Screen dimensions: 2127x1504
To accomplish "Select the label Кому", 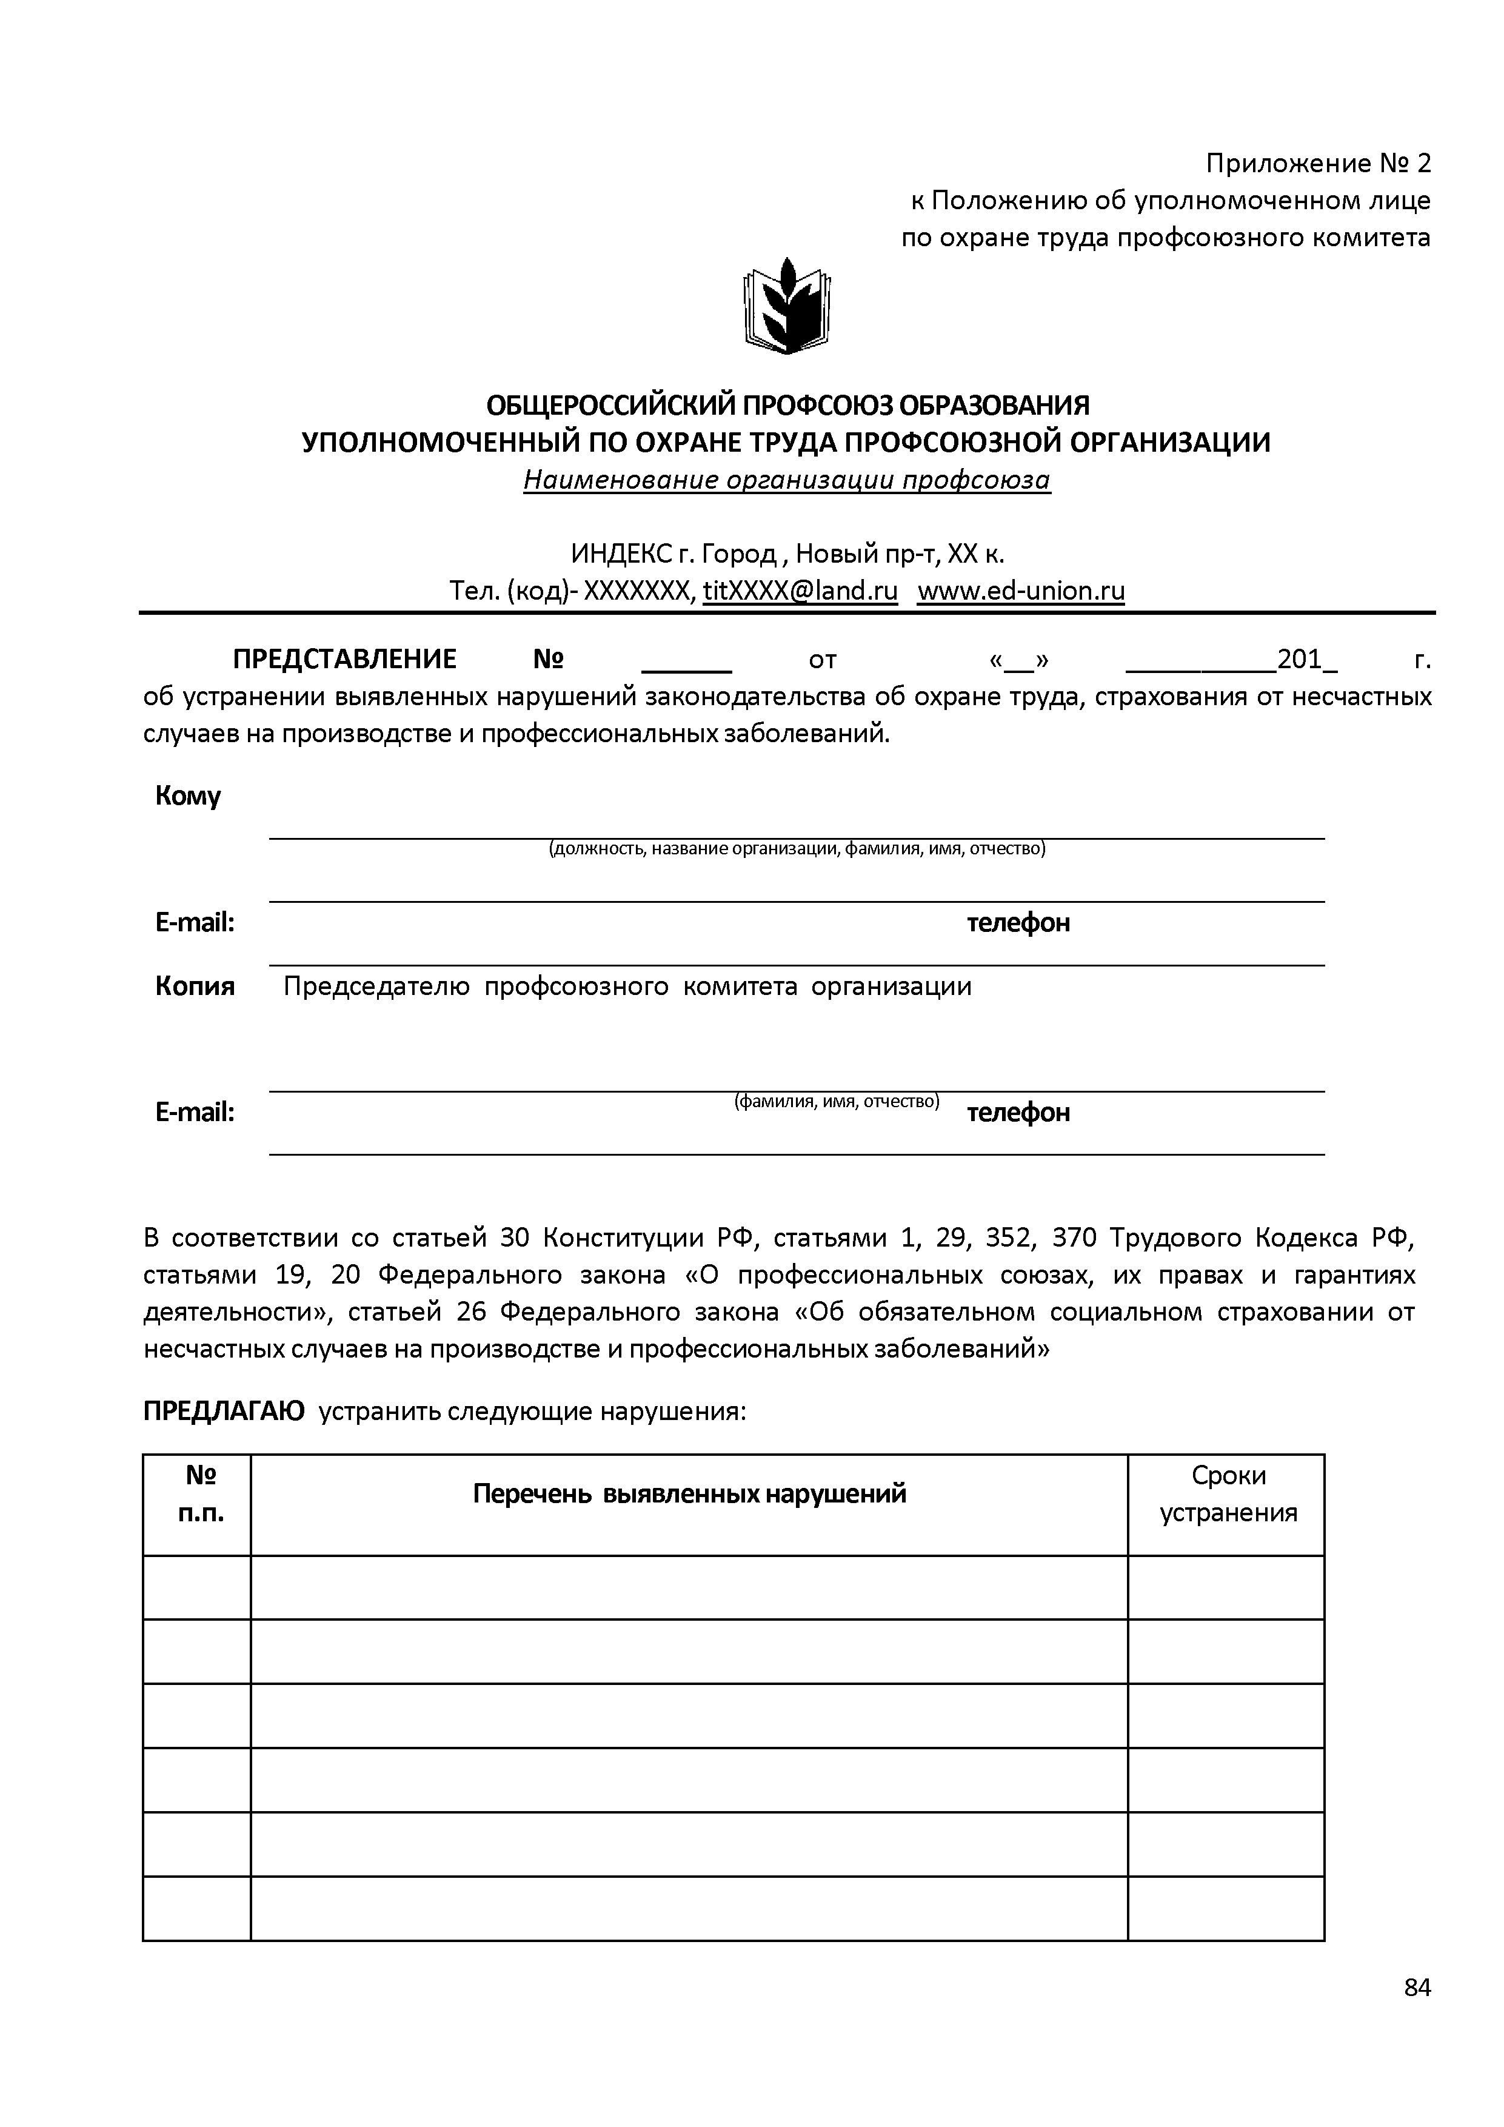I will pyautogui.click(x=188, y=796).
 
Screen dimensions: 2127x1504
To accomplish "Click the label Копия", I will pyautogui.click(x=195, y=986).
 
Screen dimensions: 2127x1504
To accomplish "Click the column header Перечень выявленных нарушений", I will pyautogui.click(x=689, y=1493).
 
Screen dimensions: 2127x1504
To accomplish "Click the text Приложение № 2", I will pyautogui.click(x=1318, y=164).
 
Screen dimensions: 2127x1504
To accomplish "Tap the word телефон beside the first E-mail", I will pyautogui.click(x=1018, y=923).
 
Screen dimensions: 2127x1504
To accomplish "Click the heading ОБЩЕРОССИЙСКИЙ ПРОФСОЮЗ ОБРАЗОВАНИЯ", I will pyautogui.click(x=788, y=405).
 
